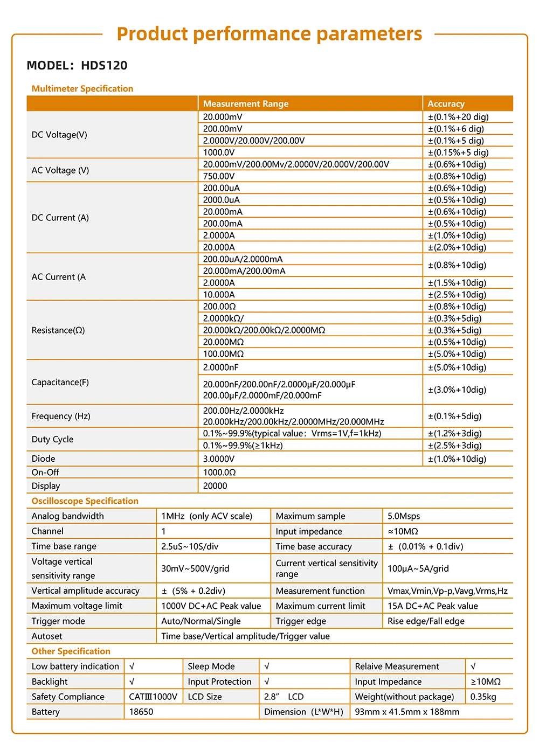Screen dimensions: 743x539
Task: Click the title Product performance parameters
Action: click(269, 34)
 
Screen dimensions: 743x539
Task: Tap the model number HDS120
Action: click(104, 66)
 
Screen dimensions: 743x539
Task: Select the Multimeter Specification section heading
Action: click(82, 89)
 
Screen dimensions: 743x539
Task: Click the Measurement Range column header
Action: click(245, 104)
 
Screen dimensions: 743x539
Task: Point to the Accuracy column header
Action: click(446, 104)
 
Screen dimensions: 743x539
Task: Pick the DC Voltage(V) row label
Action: click(59, 135)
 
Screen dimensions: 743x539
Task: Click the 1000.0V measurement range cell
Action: click(219, 152)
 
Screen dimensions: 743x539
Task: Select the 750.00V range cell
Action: click(219, 176)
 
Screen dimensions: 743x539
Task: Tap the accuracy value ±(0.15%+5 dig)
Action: click(458, 152)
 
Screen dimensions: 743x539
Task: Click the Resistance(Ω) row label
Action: click(58, 330)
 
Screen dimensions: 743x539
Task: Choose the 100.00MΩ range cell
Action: click(223, 354)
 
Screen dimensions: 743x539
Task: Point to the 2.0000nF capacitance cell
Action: click(220, 367)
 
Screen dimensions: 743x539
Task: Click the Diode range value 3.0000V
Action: click(219, 459)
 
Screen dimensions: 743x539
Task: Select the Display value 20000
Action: click(215, 486)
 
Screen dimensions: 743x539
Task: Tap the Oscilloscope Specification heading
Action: click(85, 501)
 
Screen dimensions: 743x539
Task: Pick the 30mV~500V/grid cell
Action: click(195, 568)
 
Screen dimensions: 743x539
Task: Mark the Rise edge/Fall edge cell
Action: click(426, 621)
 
